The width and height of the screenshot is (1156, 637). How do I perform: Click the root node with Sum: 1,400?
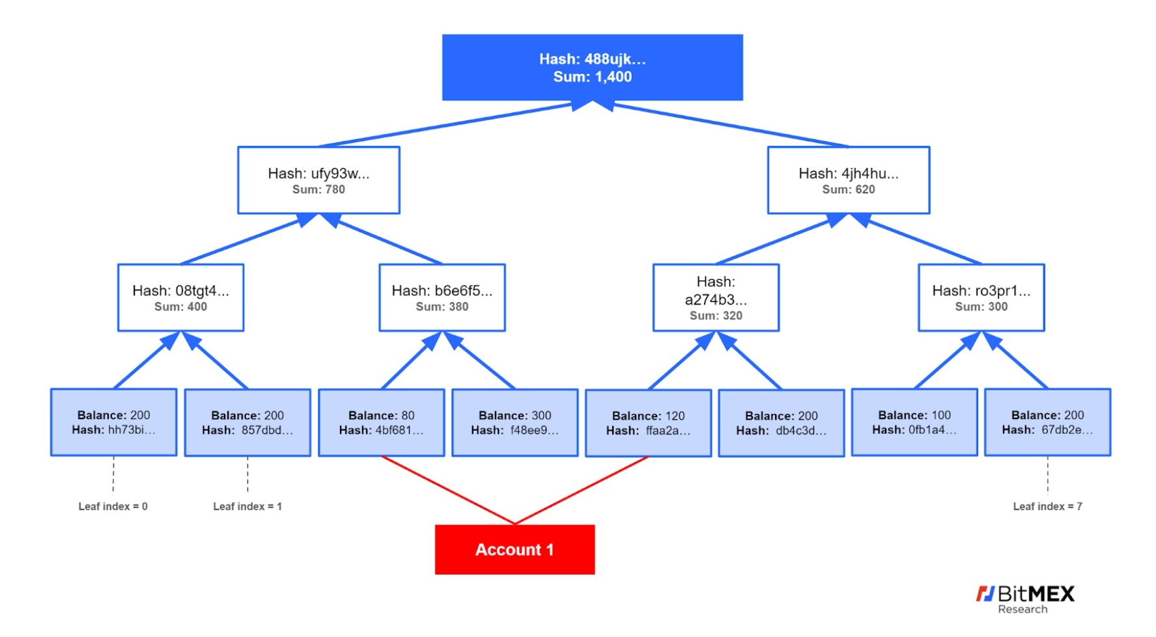coord(592,68)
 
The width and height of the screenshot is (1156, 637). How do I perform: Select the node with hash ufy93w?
coord(318,180)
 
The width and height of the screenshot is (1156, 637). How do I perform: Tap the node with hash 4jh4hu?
coord(849,180)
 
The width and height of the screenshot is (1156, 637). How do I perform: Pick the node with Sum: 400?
coord(181,297)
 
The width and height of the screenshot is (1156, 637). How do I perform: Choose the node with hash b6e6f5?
coord(442,297)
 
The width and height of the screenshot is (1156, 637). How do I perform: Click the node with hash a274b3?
coord(716,297)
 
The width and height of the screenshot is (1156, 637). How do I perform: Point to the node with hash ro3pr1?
coord(981,297)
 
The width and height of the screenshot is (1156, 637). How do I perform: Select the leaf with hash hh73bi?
coord(114,422)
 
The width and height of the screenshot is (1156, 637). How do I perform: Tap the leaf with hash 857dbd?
coord(247,423)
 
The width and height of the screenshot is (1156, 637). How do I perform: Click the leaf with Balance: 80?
coord(382,423)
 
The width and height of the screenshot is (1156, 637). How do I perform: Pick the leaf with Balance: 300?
coord(515,423)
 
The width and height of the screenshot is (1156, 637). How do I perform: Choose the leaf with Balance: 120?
coord(648,423)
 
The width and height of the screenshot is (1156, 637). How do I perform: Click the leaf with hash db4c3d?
coord(782,423)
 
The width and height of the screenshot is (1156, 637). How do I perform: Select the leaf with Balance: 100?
coord(914,422)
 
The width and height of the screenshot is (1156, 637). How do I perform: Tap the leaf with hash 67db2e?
coord(1048,422)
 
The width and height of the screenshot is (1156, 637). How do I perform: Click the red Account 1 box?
coord(515,550)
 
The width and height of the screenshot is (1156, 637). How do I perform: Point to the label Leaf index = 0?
coord(113,506)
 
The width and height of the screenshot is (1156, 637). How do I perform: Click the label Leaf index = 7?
coord(1048,506)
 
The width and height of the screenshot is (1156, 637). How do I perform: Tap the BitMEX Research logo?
coord(1025,599)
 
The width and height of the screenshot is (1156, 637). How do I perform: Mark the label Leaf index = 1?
coord(247,506)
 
